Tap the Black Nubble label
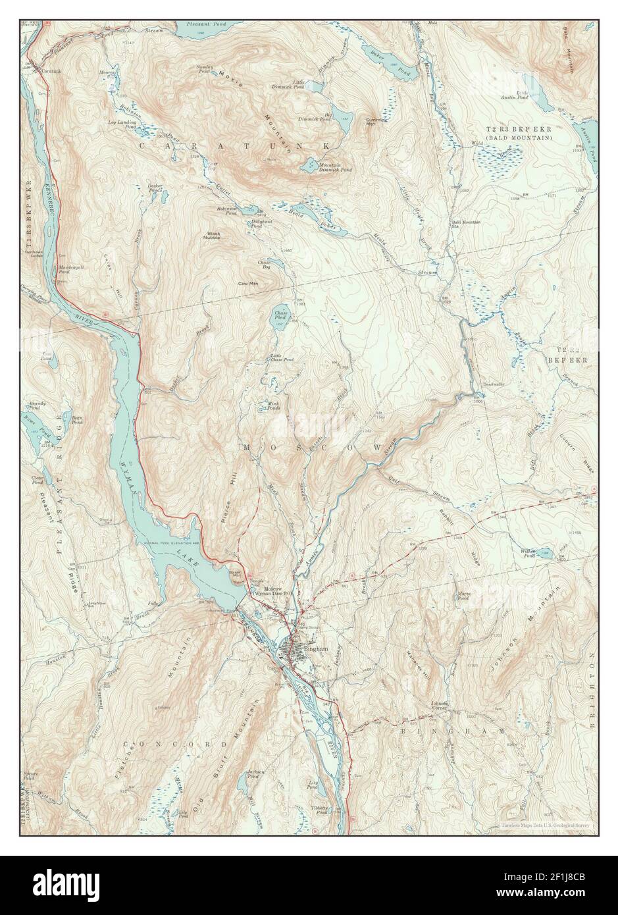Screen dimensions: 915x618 [x=214, y=235]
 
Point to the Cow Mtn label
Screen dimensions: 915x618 [x=247, y=284]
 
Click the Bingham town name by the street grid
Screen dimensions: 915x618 [x=320, y=649]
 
